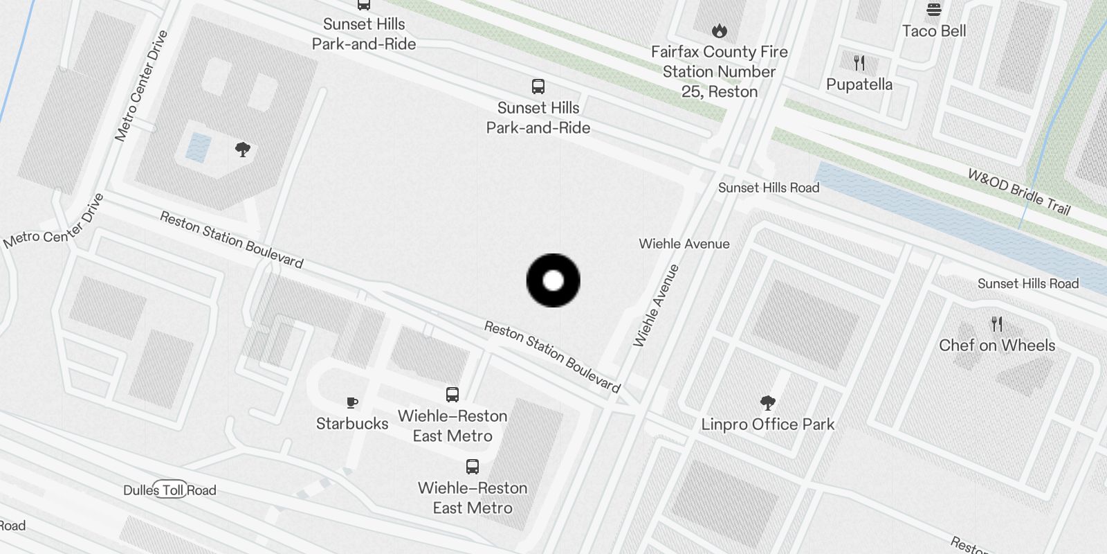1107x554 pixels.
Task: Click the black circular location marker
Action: [x=553, y=280]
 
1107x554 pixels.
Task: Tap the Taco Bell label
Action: [x=933, y=31]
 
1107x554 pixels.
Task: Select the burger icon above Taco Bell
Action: [x=933, y=10]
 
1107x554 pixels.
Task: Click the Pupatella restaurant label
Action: [x=859, y=84]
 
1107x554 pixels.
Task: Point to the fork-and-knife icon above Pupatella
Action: [x=859, y=64]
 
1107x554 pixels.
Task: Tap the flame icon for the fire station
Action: [x=719, y=30]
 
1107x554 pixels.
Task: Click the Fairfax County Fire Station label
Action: [x=719, y=71]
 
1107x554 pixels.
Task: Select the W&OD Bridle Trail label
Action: [x=1018, y=192]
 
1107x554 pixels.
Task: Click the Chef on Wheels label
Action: [x=996, y=345]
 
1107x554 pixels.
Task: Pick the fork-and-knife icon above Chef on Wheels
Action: [x=996, y=323]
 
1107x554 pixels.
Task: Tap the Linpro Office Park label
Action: [x=767, y=424]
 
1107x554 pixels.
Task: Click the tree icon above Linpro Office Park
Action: [x=767, y=402]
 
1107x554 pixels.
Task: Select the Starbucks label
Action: [x=352, y=423]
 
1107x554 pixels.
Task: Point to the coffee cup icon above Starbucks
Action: [x=352, y=402]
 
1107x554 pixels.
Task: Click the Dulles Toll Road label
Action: [x=170, y=490]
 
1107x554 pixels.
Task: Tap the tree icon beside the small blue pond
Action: [x=242, y=149]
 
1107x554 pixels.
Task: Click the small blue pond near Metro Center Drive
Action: [x=198, y=148]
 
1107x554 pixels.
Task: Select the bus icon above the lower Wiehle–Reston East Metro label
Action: [x=473, y=466]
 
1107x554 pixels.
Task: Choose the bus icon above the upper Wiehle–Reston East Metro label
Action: [x=452, y=395]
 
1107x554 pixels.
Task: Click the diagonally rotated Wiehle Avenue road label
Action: [x=656, y=305]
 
